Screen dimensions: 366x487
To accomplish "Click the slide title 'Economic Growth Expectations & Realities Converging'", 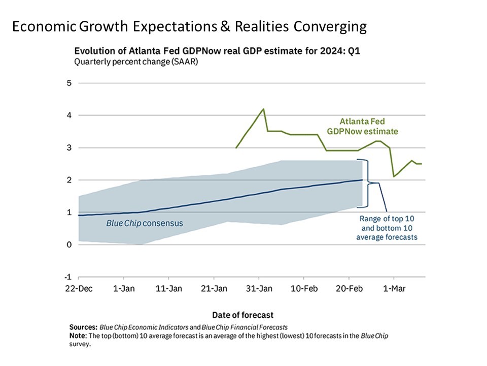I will click(x=189, y=27).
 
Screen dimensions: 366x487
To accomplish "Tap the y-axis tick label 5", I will click(x=69, y=83).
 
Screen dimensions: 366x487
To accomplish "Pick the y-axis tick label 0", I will click(x=69, y=245).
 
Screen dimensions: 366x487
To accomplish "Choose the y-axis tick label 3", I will click(x=69, y=148).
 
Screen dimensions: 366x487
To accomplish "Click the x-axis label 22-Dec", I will click(x=79, y=288).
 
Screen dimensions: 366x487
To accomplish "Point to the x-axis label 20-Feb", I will click(x=349, y=288).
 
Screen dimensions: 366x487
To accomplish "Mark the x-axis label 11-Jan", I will click(x=168, y=288).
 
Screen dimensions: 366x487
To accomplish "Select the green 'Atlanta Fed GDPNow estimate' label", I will click(x=368, y=127).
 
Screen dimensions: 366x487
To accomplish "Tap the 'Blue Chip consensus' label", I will click(x=145, y=223).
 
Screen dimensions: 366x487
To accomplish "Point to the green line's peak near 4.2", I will click(x=263, y=109).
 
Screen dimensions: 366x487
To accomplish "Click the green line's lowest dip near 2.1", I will click(x=394, y=176).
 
